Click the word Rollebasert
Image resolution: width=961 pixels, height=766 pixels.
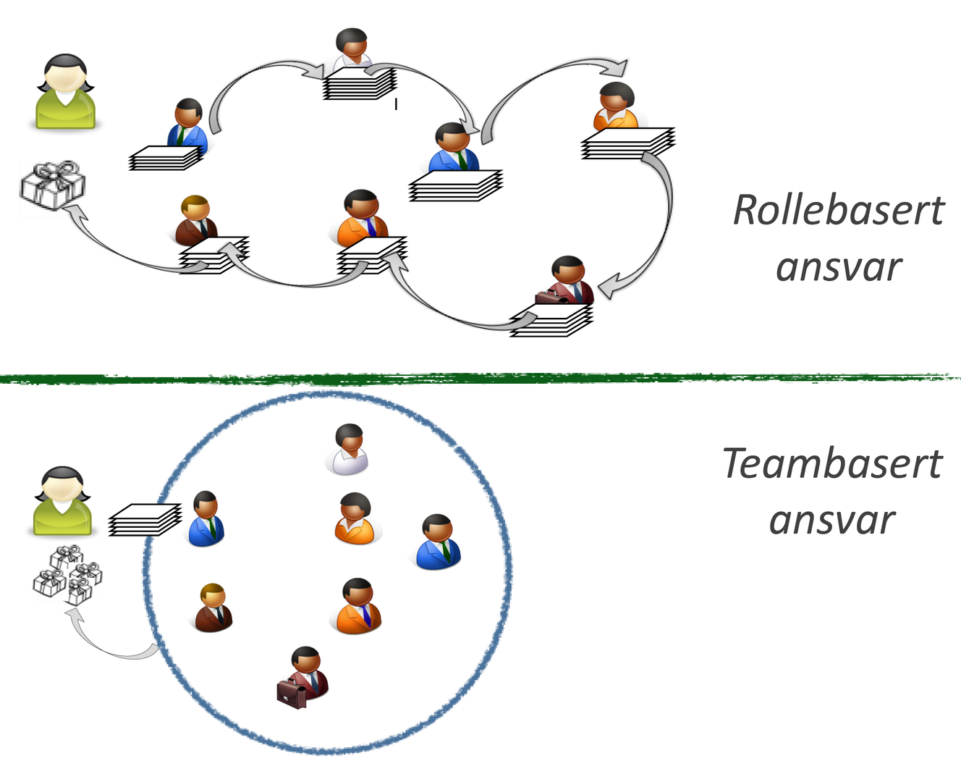pos(838,210)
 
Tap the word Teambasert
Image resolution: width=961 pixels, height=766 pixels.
pos(832,463)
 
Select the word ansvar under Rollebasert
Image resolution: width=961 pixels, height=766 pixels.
pos(838,267)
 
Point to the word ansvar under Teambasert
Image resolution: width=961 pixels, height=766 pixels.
pos(832,521)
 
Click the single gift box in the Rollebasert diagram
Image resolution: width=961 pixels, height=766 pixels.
pos(52,185)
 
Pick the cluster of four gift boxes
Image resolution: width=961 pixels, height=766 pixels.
pos(67,575)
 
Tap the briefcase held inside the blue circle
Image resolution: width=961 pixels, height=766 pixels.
pos(292,693)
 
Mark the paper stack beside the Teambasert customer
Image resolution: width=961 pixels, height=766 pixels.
pos(144,520)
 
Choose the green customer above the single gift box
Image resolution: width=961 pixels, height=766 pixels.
pos(65,92)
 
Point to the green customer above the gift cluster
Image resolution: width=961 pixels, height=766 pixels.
pos(63,502)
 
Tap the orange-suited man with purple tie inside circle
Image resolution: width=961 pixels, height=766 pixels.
pos(358,607)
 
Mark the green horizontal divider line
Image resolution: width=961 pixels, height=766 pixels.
pos(480,378)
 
